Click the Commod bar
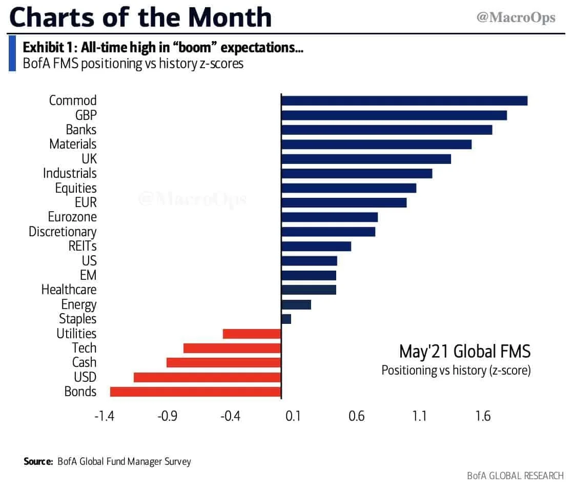(404, 100)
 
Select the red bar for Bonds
(195, 392)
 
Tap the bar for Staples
(286, 319)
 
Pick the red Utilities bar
(252, 334)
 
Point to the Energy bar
(296, 304)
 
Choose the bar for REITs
(316, 246)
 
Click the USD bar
(207, 377)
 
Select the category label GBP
(86, 115)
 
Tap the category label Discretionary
(63, 232)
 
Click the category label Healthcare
(69, 290)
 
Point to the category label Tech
(84, 348)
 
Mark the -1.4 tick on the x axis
(104, 416)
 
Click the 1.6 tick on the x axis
(483, 416)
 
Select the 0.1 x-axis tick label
(293, 416)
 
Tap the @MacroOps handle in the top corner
(516, 18)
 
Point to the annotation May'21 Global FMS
(464, 352)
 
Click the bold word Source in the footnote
(38, 461)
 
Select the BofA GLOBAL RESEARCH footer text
(515, 476)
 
